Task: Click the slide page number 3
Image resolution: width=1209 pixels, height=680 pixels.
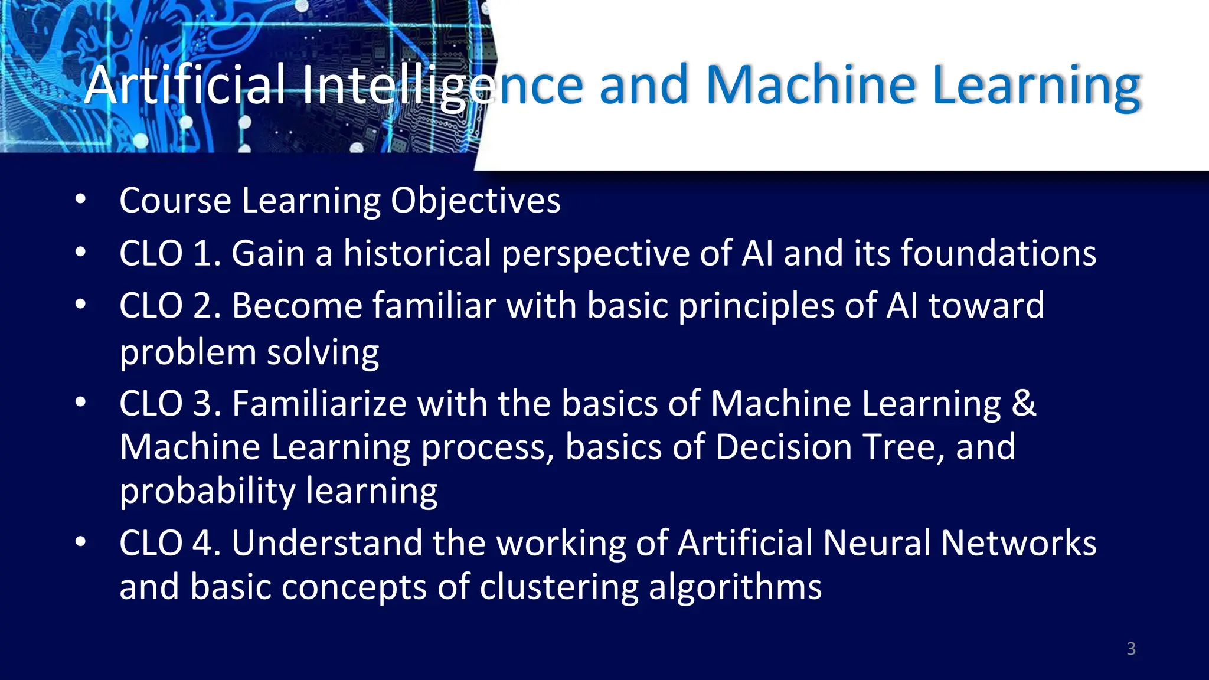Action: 1130,649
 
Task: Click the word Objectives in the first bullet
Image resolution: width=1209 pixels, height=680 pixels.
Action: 475,201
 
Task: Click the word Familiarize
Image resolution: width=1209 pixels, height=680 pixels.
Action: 319,404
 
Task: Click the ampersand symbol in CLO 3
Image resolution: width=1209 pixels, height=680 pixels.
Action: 1024,404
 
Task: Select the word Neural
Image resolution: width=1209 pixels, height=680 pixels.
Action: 876,544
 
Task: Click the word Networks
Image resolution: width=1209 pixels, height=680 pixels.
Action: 1018,544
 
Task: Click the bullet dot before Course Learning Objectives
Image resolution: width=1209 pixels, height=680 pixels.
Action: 81,200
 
